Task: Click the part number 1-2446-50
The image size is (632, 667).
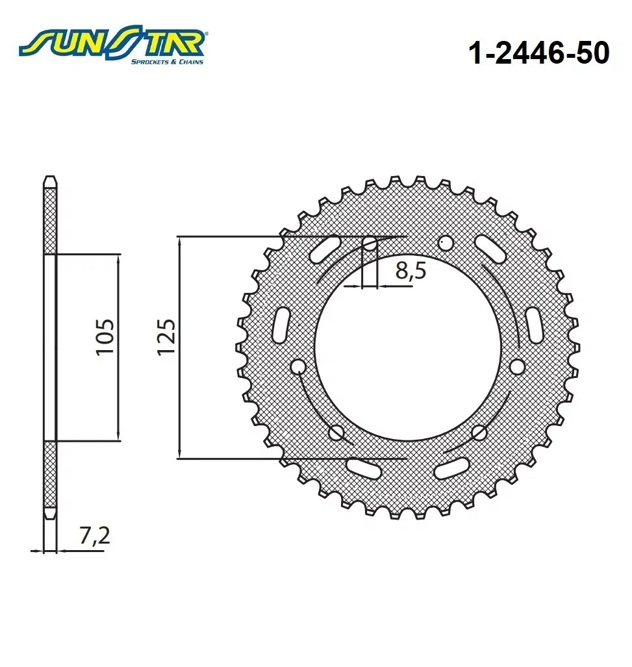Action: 538,54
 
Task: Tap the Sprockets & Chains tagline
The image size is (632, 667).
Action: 167,62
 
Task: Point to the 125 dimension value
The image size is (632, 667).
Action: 166,336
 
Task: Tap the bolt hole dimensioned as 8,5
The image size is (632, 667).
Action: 370,245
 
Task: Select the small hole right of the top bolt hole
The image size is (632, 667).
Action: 446,244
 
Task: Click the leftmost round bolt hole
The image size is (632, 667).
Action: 298,368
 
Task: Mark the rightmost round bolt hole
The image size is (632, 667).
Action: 517,368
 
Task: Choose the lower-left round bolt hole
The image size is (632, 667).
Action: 336,432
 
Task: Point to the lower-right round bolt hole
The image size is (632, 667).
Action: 480,432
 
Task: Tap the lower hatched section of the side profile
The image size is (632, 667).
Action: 50,474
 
